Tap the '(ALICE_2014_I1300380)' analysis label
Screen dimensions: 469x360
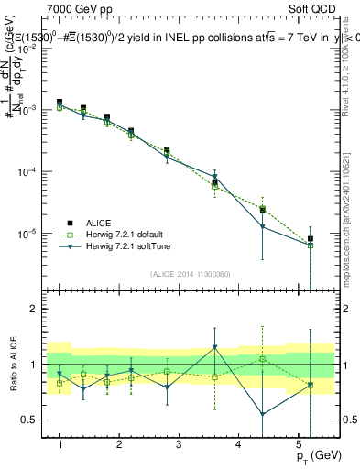pos(191,272)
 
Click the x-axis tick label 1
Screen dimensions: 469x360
pos(60,443)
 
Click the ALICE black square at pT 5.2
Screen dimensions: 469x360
pos(311,239)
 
